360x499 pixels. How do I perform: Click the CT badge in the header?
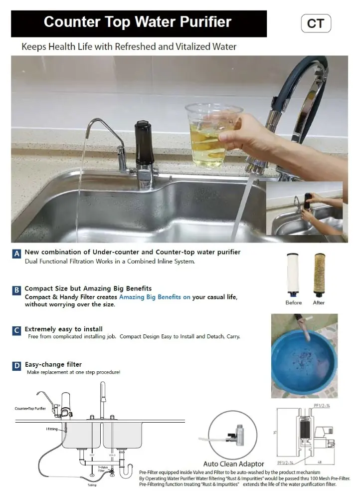316,23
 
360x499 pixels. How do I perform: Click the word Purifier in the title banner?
204,22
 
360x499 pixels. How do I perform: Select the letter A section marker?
16,253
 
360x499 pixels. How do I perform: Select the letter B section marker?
16,289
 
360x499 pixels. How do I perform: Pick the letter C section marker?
16,330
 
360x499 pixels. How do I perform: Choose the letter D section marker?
16,366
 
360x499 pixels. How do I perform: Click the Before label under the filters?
294,302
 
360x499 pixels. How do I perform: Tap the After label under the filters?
319,302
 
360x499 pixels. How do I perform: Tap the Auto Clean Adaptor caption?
234,464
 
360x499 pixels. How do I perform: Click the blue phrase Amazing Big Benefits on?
155,297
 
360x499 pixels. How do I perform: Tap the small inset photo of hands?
304,208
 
